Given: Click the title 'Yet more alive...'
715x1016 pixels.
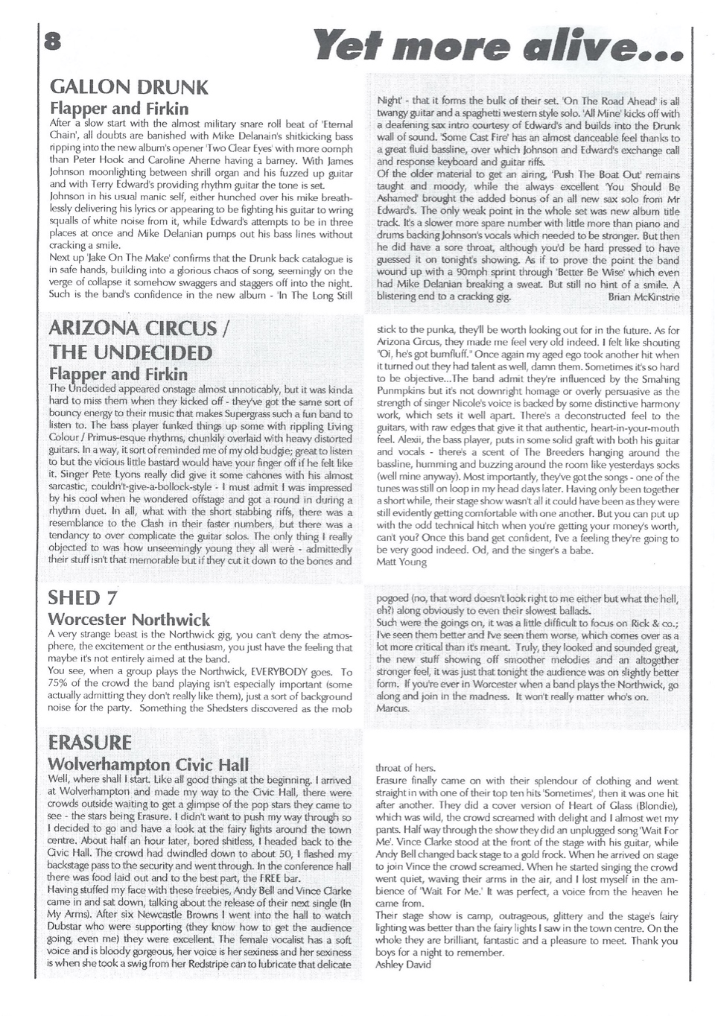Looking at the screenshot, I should click(x=499, y=45).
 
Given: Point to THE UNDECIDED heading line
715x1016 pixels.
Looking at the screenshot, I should click(x=130, y=352).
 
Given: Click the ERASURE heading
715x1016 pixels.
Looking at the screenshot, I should click(x=89, y=742).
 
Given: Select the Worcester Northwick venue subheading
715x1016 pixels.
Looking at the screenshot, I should click(x=129, y=620).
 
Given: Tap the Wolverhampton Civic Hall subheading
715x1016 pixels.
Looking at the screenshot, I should click(x=148, y=765).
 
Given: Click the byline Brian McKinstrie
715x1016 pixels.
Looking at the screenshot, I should click(x=643, y=296).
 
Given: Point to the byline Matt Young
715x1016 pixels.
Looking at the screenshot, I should click(x=402, y=562).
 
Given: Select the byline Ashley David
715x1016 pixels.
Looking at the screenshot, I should click(x=404, y=964).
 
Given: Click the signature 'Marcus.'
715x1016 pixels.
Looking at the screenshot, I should click(x=393, y=708).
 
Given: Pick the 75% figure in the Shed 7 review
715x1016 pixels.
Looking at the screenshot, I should click(x=59, y=685).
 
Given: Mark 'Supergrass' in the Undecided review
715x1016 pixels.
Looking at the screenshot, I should click(x=257, y=413).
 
